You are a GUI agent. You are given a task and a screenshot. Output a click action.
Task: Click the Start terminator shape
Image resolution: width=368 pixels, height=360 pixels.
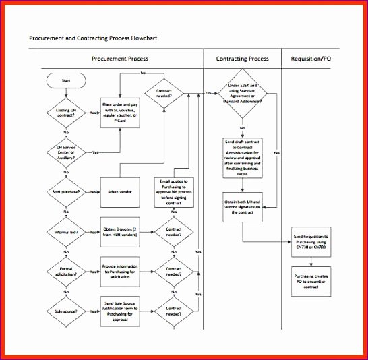click(65, 80)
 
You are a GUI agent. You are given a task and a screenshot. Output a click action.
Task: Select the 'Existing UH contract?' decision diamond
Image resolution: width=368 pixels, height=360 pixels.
click(65, 113)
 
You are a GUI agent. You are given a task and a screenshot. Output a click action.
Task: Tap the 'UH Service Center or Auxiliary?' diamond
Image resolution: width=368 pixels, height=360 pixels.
click(65, 153)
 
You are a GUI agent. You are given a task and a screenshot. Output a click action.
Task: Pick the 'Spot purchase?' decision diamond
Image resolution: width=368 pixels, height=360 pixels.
click(65, 192)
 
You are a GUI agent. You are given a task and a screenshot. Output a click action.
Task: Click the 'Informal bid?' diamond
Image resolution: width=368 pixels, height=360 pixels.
click(65, 232)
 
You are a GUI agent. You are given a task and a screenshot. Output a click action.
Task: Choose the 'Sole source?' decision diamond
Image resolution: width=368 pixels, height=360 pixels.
click(65, 311)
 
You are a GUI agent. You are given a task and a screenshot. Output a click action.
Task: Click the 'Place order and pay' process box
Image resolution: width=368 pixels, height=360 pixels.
click(121, 113)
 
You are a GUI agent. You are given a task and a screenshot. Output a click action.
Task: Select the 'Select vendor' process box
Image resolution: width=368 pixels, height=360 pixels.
click(121, 192)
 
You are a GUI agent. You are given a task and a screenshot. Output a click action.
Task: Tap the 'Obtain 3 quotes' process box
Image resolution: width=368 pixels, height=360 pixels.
click(121, 232)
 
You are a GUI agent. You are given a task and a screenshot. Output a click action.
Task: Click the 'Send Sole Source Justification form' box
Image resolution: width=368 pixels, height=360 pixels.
click(121, 311)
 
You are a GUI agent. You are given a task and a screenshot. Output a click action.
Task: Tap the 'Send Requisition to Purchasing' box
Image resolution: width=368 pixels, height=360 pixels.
click(311, 241)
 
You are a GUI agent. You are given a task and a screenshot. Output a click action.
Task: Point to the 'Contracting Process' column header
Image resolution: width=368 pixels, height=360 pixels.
click(242, 59)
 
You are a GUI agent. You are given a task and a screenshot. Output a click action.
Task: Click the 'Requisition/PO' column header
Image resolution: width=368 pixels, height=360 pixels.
click(311, 59)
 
